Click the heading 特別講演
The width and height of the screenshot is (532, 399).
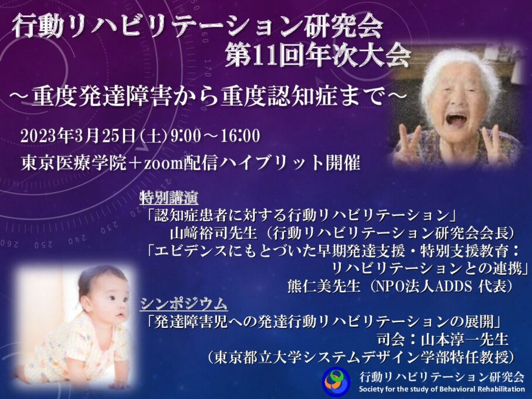(x=169, y=198)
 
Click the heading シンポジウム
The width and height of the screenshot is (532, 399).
(x=184, y=304)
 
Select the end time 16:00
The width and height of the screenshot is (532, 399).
(x=241, y=136)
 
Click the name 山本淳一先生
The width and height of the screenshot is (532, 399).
(x=465, y=339)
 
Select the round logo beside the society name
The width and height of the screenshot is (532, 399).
(x=336, y=381)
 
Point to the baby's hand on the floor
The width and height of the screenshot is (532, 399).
(x=118, y=384)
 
